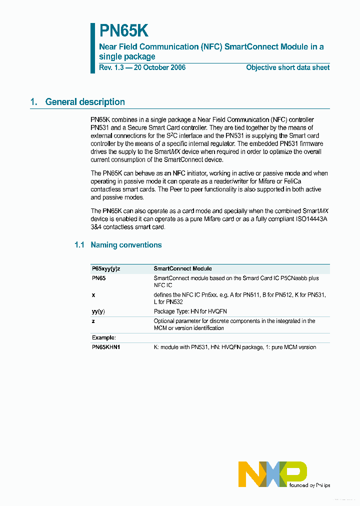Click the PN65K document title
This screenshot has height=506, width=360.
coord(123,31)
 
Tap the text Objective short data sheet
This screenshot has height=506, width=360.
coord(287,67)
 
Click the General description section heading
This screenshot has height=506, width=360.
coord(85,102)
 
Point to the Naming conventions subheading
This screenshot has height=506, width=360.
coord(125,245)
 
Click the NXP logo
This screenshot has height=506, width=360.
coord(272,473)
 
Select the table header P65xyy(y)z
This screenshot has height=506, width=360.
coord(106,269)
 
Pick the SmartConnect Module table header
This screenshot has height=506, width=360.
coord(182,269)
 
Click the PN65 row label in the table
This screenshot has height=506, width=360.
coord(98,278)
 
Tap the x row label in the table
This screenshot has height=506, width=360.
coord(93,295)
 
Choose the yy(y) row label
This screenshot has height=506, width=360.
coord(98,311)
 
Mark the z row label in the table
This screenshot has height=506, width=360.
coord(93,321)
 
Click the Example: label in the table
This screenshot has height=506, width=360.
coord(104,338)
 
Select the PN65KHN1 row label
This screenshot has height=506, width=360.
coord(106,347)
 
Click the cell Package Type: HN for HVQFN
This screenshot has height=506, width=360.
coord(190,311)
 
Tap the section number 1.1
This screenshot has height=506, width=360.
coord(79,245)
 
